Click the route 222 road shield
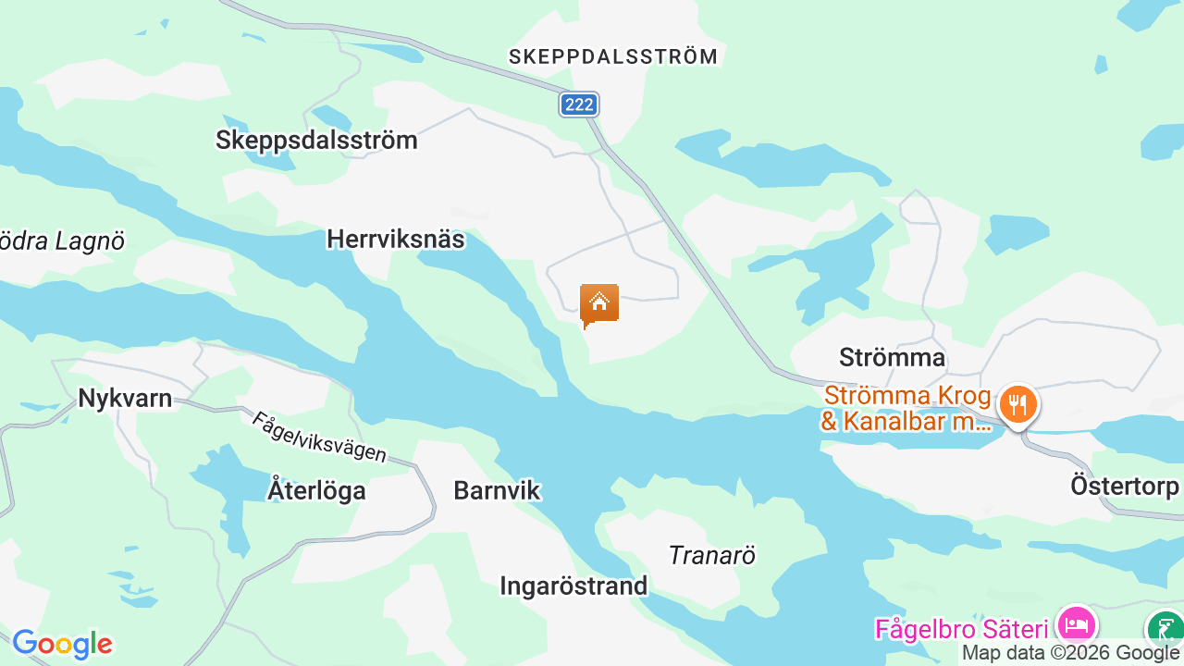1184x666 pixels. tap(579, 105)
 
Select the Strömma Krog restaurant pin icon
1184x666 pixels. tap(1017, 405)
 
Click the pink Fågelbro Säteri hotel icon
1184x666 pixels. tap(1077, 624)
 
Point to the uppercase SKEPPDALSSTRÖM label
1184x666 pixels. tap(613, 56)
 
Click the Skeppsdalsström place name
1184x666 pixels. tap(316, 141)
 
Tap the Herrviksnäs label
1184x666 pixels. tap(395, 240)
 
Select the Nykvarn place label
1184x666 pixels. tap(125, 399)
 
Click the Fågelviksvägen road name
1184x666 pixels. tap(319, 437)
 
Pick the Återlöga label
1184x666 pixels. tap(316, 490)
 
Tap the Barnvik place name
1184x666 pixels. tap(497, 490)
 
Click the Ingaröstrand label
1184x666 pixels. tap(573, 586)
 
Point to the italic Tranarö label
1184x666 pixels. tap(712, 555)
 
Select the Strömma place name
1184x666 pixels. tap(892, 357)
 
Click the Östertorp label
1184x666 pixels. tap(1125, 486)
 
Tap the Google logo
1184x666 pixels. tap(62, 644)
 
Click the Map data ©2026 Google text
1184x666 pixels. tap(1071, 653)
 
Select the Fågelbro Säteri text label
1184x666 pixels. tap(961, 630)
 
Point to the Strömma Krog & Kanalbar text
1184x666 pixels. tap(906, 408)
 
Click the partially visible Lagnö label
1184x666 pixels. tap(61, 241)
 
